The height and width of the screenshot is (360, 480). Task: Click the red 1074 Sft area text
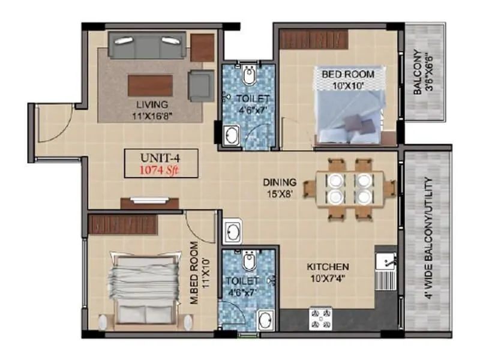pyautogui.click(x=160, y=169)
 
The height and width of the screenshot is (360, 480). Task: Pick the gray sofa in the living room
pyautogui.click(x=147, y=46)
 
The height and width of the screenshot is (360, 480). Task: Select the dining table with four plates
pyautogui.click(x=349, y=188)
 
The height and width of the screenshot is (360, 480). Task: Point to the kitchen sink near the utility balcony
pyautogui.click(x=386, y=262)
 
